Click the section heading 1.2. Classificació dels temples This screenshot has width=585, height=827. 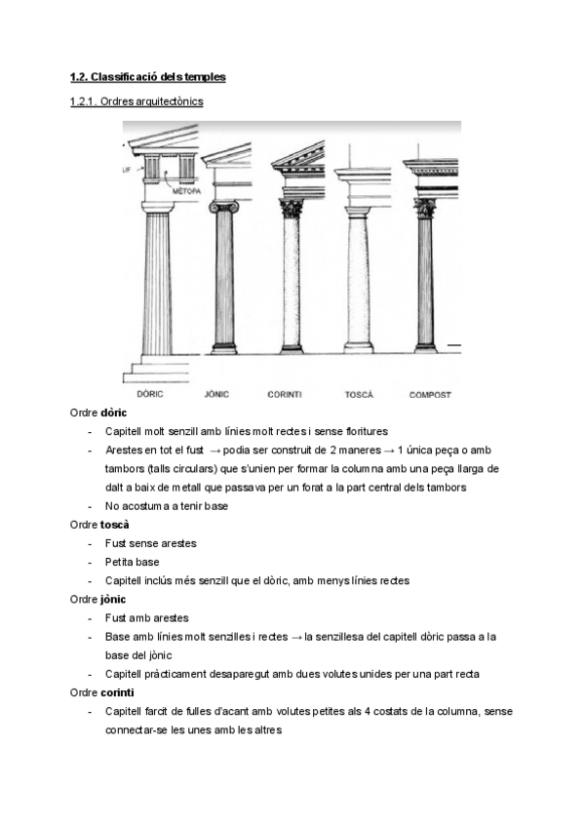click(x=147, y=76)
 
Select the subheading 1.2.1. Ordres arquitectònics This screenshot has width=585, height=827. click(x=136, y=100)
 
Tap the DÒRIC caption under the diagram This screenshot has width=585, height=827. click(x=149, y=394)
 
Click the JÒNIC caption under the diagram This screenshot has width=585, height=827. click(x=217, y=394)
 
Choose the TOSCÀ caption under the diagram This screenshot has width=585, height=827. click(x=359, y=394)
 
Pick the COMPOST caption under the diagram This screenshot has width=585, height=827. click(x=430, y=394)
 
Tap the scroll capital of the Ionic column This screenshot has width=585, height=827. click(x=223, y=207)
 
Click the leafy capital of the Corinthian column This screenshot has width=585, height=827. click(x=292, y=208)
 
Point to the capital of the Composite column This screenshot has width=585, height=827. click(x=424, y=208)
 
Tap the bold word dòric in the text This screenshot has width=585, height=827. click(x=114, y=413)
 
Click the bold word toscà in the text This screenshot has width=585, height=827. click(x=115, y=524)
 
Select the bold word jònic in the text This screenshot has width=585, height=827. click(x=114, y=598)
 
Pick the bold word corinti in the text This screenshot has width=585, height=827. click(x=118, y=691)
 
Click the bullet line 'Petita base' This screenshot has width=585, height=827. click(x=132, y=562)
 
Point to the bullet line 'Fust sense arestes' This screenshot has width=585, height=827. click(x=151, y=543)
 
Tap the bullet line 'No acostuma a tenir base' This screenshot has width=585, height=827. click(x=167, y=505)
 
